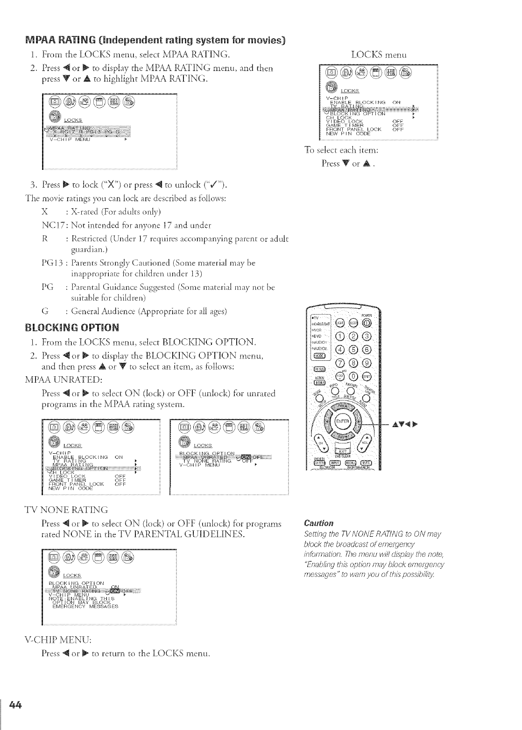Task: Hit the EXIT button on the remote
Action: pyautogui.click(x=343, y=451)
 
